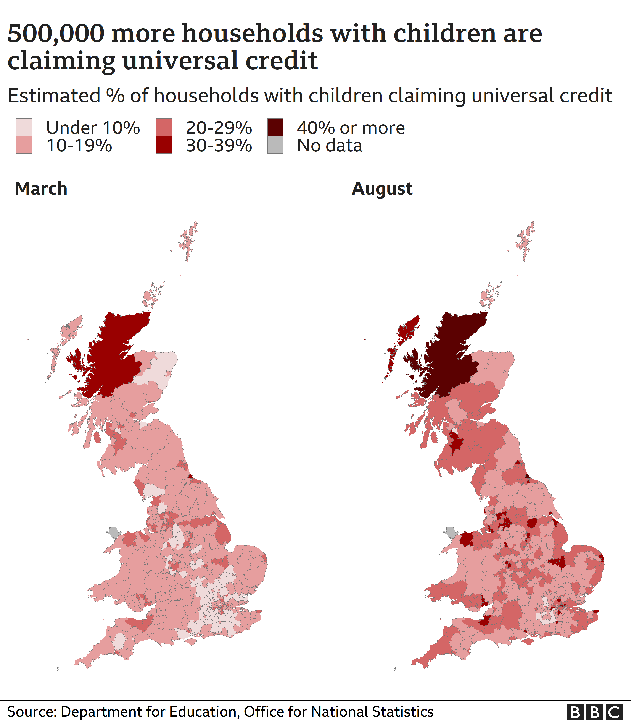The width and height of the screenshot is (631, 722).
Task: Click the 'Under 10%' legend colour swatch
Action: coord(24,127)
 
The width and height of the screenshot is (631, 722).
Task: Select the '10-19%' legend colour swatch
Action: coord(24,145)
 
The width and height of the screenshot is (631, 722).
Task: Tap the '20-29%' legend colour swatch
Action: coord(164,127)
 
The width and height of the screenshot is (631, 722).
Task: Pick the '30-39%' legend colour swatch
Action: coord(164,145)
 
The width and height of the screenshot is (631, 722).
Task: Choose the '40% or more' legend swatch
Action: coord(275,127)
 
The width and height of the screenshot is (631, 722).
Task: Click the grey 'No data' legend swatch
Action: coord(275,145)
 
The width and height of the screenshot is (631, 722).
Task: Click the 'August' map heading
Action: coord(382,189)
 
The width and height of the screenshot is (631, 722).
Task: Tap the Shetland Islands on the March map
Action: coord(189,240)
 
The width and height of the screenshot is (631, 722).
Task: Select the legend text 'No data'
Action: coord(330,145)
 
